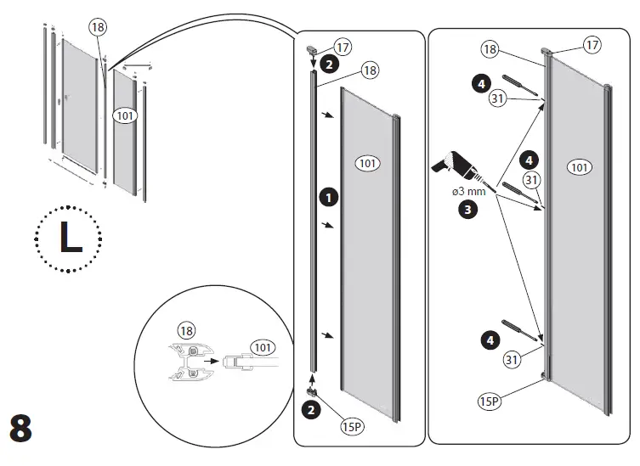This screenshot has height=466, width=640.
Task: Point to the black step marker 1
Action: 326,197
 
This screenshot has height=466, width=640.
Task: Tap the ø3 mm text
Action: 468,191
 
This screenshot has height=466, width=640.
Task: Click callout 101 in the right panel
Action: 579,167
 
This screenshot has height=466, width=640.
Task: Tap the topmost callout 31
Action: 499,99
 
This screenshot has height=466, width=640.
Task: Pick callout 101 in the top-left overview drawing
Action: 124,115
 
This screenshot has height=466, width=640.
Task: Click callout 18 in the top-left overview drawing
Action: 98,27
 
